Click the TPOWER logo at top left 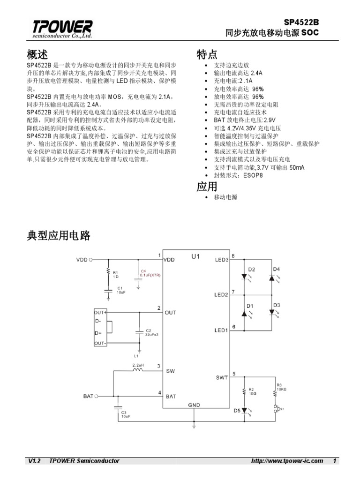pyautogui.click(x=62, y=29)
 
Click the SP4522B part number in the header pyautogui.click(x=304, y=22)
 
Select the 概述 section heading pyautogui.click(x=37, y=54)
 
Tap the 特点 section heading pyautogui.click(x=207, y=54)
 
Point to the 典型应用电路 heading pyautogui.click(x=59, y=236)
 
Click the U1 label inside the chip pyautogui.click(x=195, y=256)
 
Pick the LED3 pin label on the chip pyautogui.click(x=221, y=259)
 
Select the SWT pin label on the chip pyautogui.click(x=222, y=377)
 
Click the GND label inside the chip pyautogui.click(x=194, y=405)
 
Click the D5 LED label pyautogui.click(x=237, y=411)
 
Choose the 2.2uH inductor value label pyautogui.click(x=138, y=364)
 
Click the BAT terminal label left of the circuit pyautogui.click(x=88, y=396)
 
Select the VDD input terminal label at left pyautogui.click(x=82, y=259)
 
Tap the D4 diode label pyautogui.click(x=277, y=269)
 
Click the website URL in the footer pyautogui.click(x=287, y=461)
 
